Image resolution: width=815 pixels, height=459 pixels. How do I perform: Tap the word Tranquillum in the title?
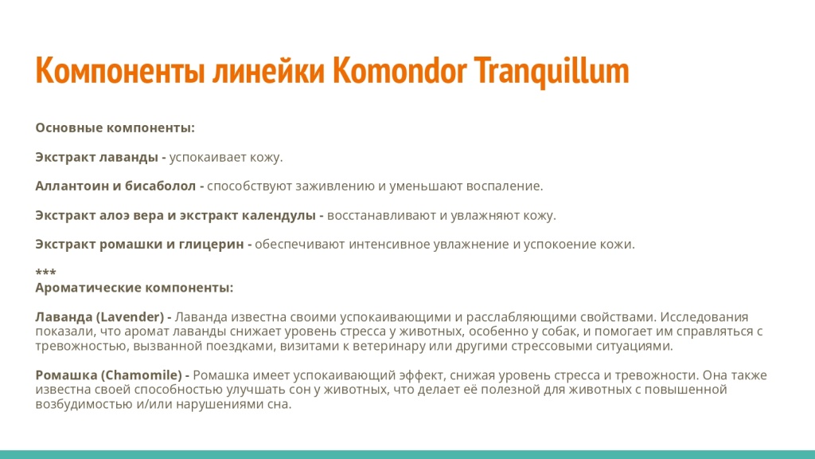pyautogui.click(x=552, y=71)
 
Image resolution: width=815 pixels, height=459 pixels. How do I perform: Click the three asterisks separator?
pyautogui.click(x=45, y=273)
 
